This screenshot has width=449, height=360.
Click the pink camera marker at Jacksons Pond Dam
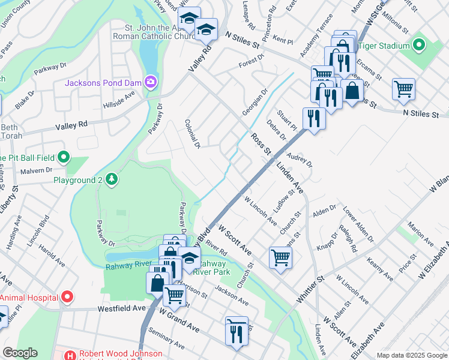[x=151, y=81]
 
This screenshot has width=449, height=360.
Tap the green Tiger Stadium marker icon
[x=418, y=46]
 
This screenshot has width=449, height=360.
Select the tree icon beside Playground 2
[x=111, y=179]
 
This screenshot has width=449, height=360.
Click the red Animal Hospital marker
[x=68, y=297]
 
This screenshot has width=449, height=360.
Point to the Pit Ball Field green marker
[x=64, y=158]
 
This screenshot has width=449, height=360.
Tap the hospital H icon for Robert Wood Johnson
[x=70, y=355]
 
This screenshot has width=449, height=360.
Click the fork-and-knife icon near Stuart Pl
[x=313, y=118]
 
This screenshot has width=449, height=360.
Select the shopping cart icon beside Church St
[x=280, y=258]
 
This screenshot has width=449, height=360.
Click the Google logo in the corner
[x=20, y=353]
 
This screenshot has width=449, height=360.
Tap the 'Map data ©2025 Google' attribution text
[x=411, y=355]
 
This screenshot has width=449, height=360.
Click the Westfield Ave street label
[x=122, y=308]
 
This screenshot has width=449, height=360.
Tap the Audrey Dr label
[x=300, y=160]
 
